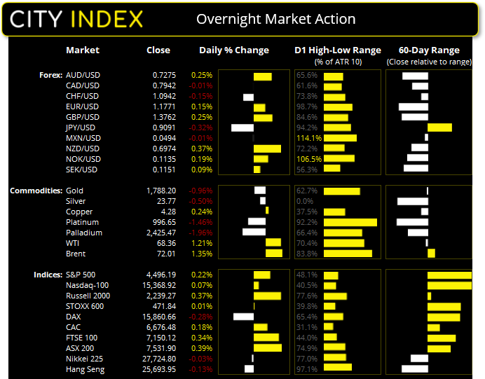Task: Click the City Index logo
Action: click(x=76, y=18)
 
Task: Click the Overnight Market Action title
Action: click(x=275, y=19)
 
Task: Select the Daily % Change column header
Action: click(x=234, y=50)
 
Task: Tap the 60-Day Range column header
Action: click(x=428, y=50)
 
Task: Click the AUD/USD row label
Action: click(x=83, y=75)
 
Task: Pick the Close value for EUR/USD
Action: click(x=158, y=106)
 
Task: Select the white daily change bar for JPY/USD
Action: click(x=242, y=128)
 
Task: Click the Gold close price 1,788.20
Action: click(x=155, y=191)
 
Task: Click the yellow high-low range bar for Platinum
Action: click(x=350, y=222)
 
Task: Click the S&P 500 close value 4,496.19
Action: click(x=155, y=275)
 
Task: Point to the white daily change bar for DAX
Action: click(x=243, y=317)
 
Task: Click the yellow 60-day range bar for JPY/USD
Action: click(x=439, y=128)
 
